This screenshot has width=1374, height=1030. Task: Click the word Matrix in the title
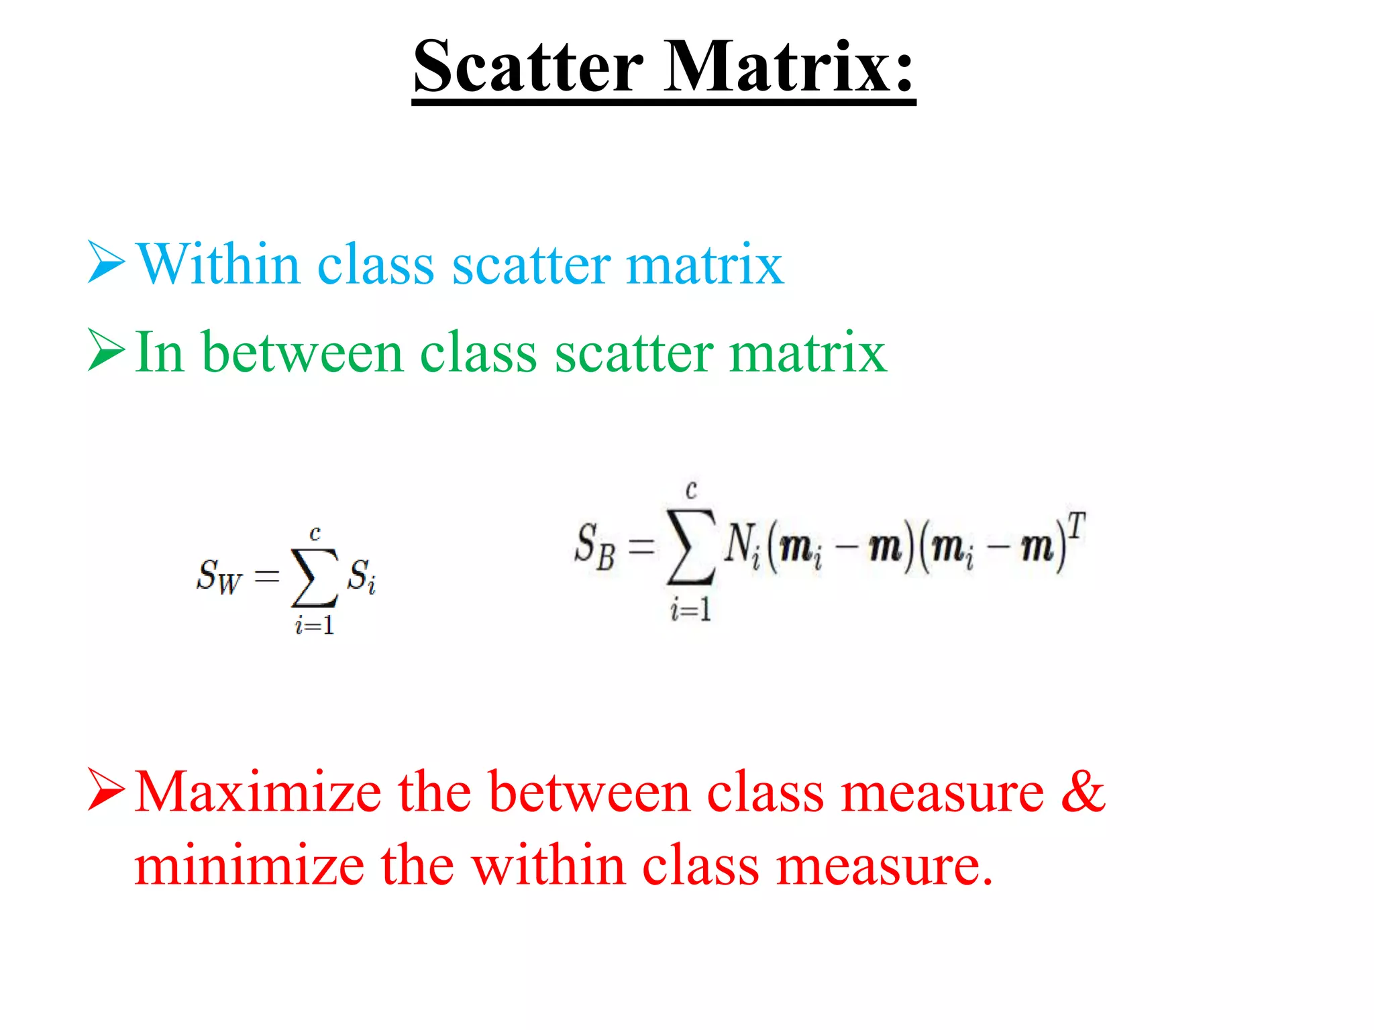point(788,67)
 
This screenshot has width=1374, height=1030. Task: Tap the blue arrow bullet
point(106,263)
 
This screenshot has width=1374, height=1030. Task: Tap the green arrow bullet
point(106,351)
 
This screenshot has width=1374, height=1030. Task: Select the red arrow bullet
point(106,791)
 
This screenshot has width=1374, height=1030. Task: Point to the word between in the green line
point(302,353)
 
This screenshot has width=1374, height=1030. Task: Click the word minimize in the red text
point(249,866)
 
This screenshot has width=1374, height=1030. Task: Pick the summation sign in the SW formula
point(314,577)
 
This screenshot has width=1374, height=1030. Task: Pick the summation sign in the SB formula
point(690,547)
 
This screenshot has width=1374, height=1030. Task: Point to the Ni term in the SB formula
point(742,545)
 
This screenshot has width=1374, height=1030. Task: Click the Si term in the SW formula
point(361,575)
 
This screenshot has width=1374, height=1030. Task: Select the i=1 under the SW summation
point(314,626)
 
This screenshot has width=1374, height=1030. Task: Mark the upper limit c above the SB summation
point(691,490)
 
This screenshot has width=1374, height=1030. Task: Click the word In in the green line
point(160,353)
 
